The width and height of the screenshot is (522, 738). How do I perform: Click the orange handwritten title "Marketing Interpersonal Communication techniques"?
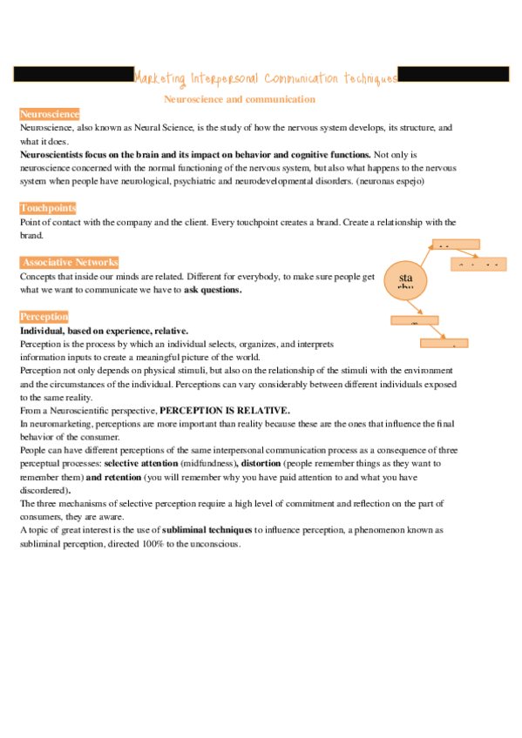coord(266,77)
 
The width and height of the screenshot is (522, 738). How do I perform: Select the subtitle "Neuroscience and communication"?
coord(240,99)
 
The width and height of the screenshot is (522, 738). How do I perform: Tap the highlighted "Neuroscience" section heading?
coord(50,114)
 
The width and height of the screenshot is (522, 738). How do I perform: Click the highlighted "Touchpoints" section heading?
coord(48,208)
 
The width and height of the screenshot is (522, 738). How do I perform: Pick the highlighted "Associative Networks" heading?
coord(70,262)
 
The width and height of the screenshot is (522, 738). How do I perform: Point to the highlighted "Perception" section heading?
coord(44,317)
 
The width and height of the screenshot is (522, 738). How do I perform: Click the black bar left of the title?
coord(73,76)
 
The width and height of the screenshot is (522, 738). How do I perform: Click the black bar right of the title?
coord(453,76)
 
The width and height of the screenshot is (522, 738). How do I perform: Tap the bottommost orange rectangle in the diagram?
coord(444,344)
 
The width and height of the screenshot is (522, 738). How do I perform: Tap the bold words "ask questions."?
coord(213,290)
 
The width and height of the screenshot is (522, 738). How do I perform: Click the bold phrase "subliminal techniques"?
coord(208,529)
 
